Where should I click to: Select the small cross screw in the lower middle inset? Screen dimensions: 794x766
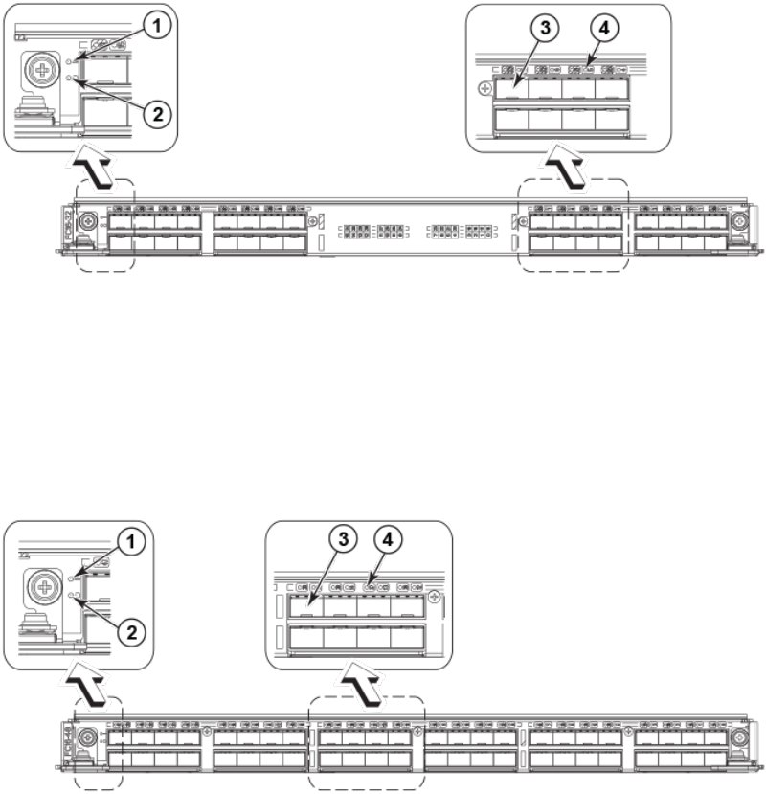coord(436,598)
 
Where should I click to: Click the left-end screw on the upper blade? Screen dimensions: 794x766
coord(88,221)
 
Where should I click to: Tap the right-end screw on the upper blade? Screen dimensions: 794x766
coord(740,221)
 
